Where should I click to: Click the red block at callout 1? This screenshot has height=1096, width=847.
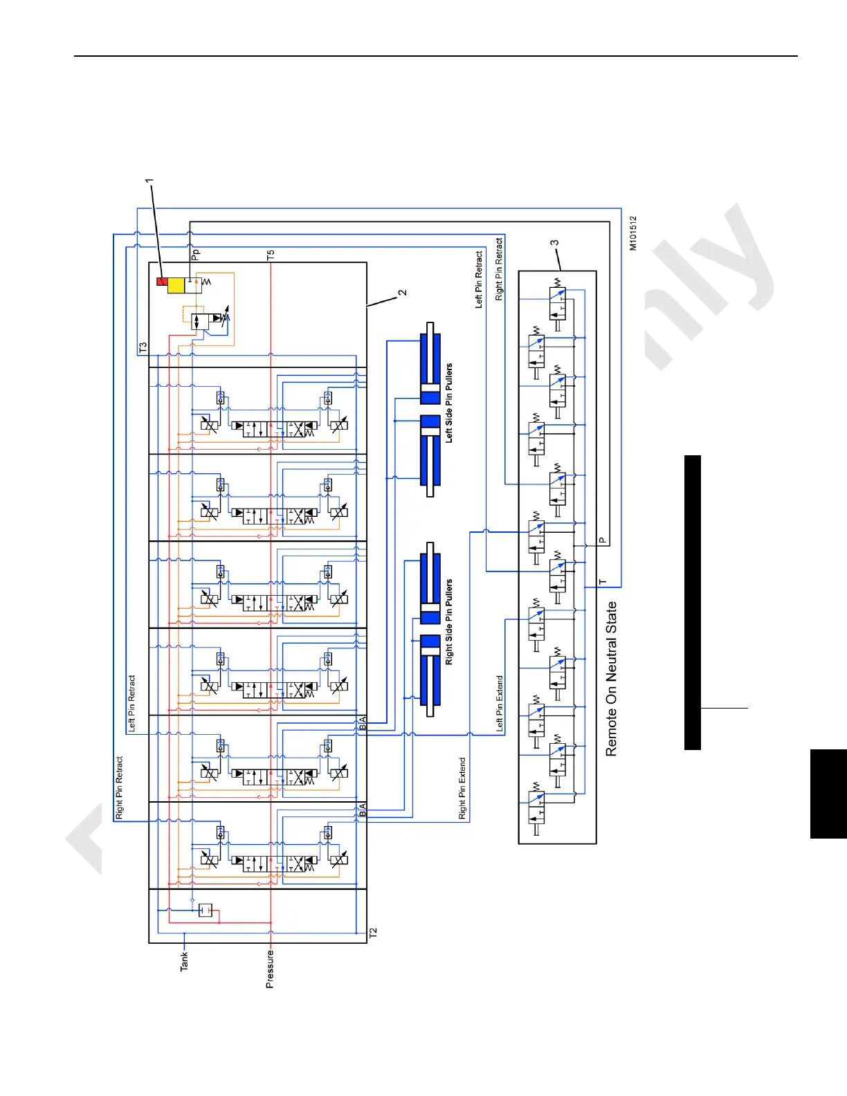pos(162,282)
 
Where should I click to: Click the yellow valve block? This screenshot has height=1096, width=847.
pos(176,285)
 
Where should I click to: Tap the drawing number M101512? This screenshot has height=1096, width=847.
pos(633,233)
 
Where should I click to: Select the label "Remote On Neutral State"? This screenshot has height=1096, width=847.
pos(611,678)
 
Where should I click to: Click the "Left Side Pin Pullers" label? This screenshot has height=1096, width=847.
pos(449,403)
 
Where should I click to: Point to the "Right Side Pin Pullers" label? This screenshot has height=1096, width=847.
pos(449,621)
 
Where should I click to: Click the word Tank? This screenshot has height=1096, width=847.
pos(184,961)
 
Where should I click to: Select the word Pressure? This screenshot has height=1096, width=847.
pos(270,968)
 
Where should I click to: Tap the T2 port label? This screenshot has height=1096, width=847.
pos(374,933)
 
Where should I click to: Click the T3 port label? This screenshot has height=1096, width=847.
pos(143,347)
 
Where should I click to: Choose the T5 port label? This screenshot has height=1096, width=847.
pos(271,255)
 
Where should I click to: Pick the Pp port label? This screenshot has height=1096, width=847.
pos(195,255)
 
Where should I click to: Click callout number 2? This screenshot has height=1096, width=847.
pos(403,293)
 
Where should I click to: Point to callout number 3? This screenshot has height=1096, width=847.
pos(554,244)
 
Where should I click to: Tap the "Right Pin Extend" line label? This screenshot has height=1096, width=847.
pos(462,788)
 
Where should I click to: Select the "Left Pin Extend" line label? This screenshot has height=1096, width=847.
pos(500,704)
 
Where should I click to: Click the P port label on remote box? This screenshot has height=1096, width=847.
pos(602,540)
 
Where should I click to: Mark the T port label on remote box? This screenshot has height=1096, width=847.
pos(602,582)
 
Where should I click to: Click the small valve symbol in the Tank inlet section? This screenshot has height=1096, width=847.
pos(205,910)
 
